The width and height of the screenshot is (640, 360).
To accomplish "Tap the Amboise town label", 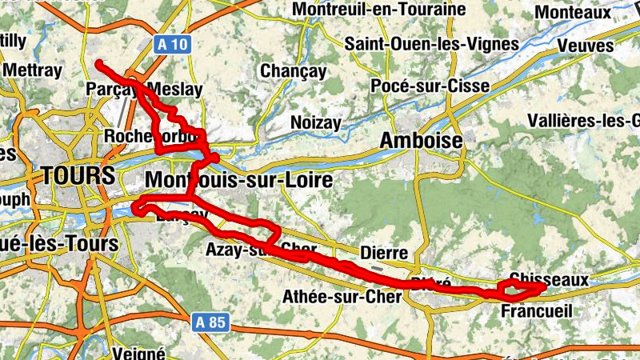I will tap(422, 141).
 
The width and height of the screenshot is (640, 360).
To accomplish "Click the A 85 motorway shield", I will tap(212, 322).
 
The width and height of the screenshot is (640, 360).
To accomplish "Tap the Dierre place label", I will tap(385, 253).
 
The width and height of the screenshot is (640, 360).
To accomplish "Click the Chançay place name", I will tap(294, 71).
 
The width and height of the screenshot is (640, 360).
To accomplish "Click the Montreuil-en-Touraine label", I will tap(379, 10).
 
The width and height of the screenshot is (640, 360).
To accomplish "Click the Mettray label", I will tap(33, 70).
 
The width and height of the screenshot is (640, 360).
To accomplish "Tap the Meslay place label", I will tap(175, 89).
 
